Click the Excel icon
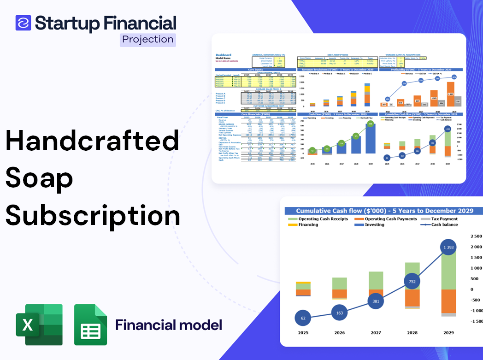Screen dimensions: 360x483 tap(39, 325)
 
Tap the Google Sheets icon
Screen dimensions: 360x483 tap(91, 325)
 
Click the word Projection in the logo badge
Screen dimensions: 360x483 tap(147, 40)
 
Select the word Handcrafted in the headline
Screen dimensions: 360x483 tap(92, 141)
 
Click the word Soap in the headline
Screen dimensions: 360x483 tap(39, 178)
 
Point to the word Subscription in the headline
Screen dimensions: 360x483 tap(92, 215)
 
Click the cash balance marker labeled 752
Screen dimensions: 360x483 tap(412, 282)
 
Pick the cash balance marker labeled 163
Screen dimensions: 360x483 tap(339, 313)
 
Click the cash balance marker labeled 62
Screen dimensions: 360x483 tap(303, 318)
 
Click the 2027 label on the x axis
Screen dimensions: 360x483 tap(376, 333)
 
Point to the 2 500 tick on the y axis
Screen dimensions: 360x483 tap(476, 236)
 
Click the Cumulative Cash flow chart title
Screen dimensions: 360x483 tap(384, 211)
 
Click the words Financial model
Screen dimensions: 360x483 tap(169, 325)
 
